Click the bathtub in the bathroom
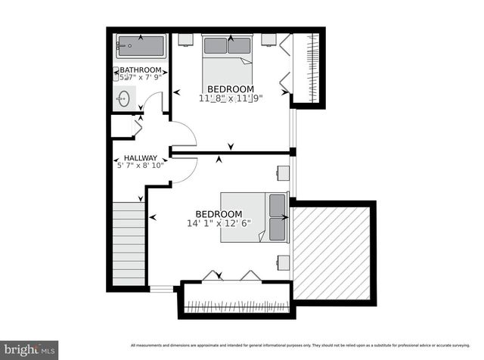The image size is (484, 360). pos(141,46)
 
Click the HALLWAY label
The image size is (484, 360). pos(141,158)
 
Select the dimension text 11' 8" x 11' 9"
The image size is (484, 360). pos(230,98)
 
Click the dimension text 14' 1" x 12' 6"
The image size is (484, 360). pos(219,223)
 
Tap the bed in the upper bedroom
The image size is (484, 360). pos(228,61)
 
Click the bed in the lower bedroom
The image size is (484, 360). pos(254,218)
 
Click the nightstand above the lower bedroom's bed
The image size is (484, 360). pos(282,173)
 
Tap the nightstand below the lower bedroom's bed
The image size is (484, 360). pos(282,262)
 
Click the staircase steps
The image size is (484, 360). pos(127,246)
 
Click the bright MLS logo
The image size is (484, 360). pos(30,349)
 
